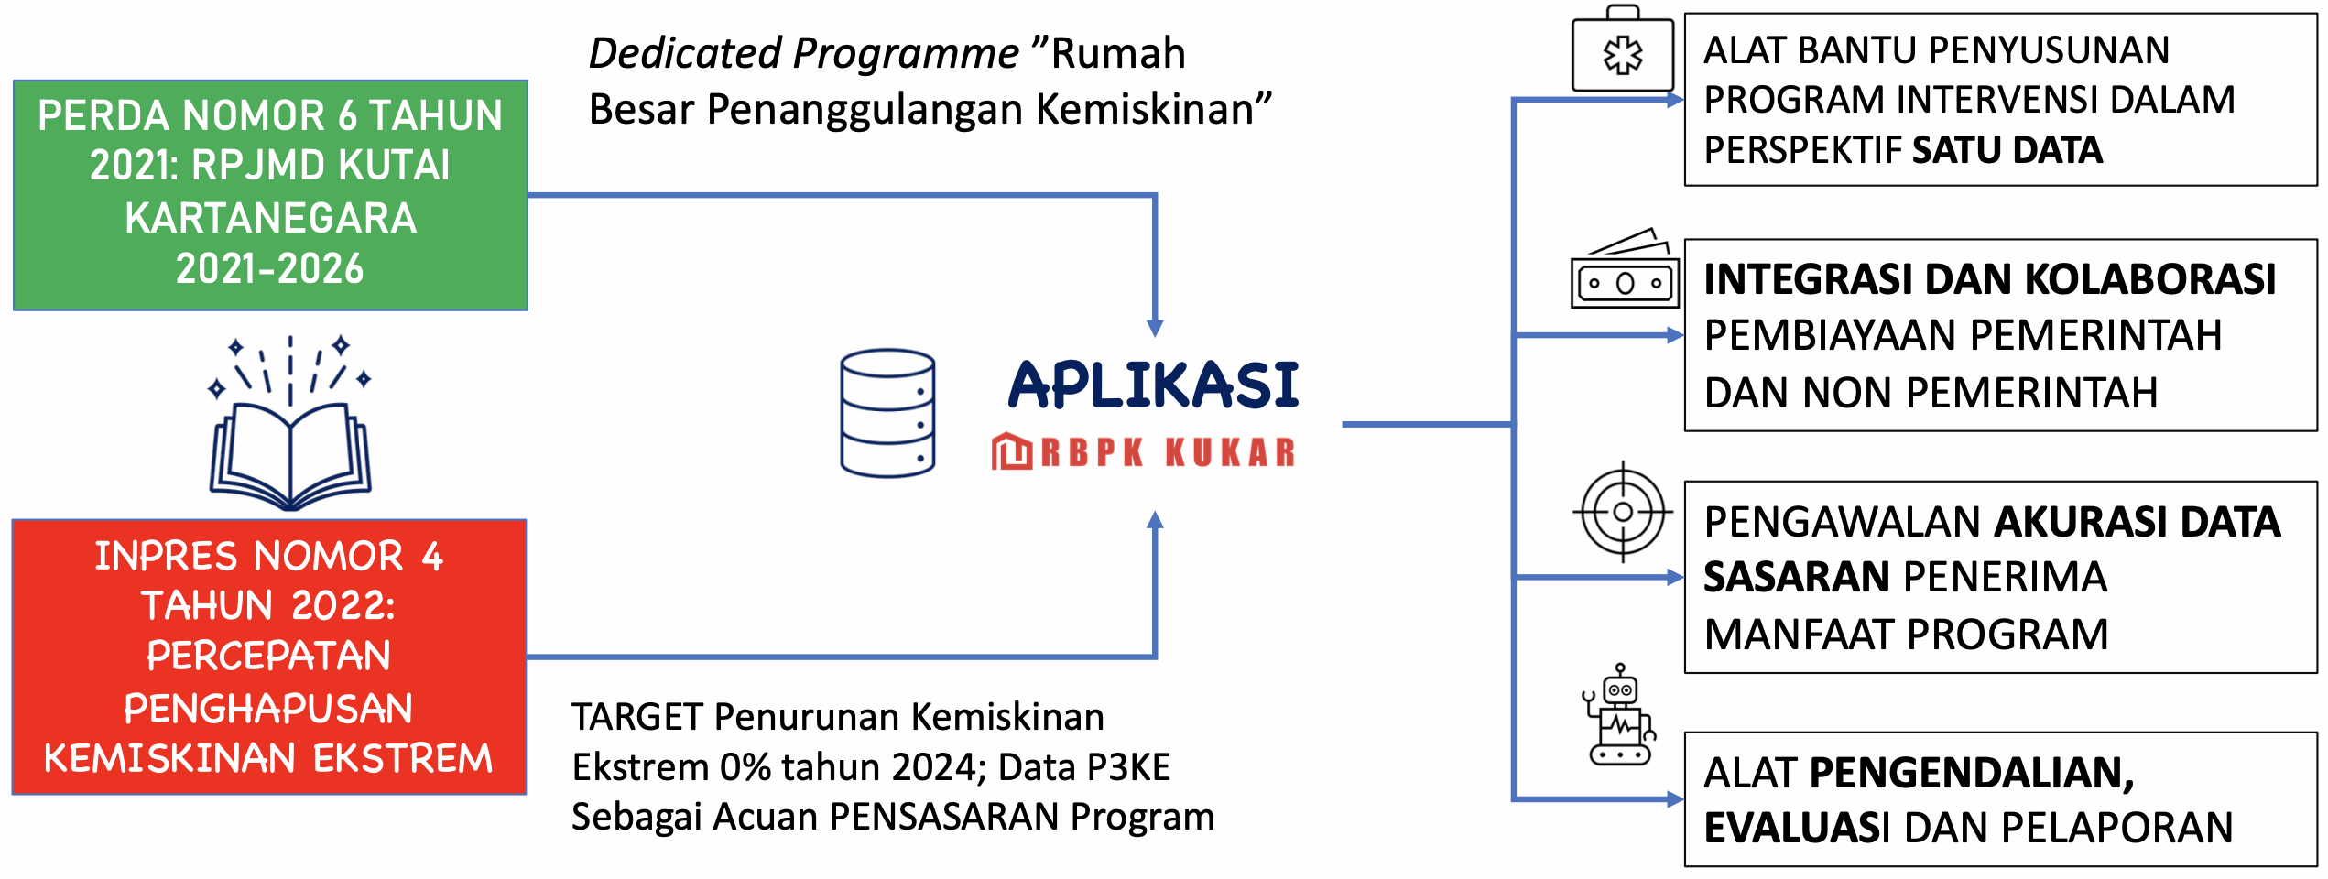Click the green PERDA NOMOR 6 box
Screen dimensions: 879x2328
pos(270,195)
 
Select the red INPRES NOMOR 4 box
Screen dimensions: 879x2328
pos(269,657)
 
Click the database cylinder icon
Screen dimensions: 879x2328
pos(887,413)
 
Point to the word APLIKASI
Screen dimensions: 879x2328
pos(1153,385)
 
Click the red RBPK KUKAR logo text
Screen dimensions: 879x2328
pos(1169,452)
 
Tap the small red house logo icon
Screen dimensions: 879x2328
pos(1011,451)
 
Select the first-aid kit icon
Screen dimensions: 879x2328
pos(1623,52)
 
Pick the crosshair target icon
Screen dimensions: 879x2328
pos(1623,512)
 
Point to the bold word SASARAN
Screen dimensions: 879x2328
pos(1797,577)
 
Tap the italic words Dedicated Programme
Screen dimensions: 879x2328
pos(803,53)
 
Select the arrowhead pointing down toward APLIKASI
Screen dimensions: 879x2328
pos(1155,328)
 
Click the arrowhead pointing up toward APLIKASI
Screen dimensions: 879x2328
pos(1155,520)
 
